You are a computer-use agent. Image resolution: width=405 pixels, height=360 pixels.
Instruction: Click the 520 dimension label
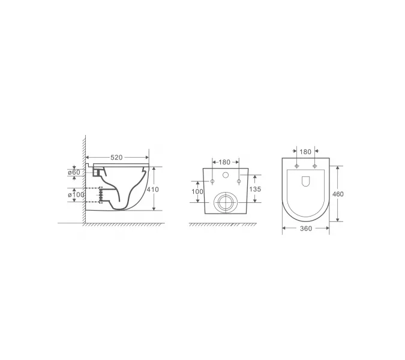point(116,157)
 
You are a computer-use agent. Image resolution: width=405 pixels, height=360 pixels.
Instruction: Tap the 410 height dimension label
point(152,190)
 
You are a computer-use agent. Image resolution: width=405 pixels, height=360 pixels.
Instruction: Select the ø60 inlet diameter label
point(74,172)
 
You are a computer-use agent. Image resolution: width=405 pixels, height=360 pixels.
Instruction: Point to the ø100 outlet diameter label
point(76,194)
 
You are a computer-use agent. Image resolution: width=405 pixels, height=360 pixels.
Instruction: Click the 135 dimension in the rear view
point(255,189)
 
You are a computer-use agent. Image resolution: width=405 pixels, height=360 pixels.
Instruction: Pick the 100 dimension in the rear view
point(197,191)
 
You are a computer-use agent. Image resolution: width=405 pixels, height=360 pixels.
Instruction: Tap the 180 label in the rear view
point(224,162)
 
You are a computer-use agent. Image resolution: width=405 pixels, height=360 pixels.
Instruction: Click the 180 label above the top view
point(305,152)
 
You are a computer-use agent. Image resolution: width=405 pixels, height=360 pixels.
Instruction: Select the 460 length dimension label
point(338,194)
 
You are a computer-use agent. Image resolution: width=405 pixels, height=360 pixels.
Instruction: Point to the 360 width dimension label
point(306,229)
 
